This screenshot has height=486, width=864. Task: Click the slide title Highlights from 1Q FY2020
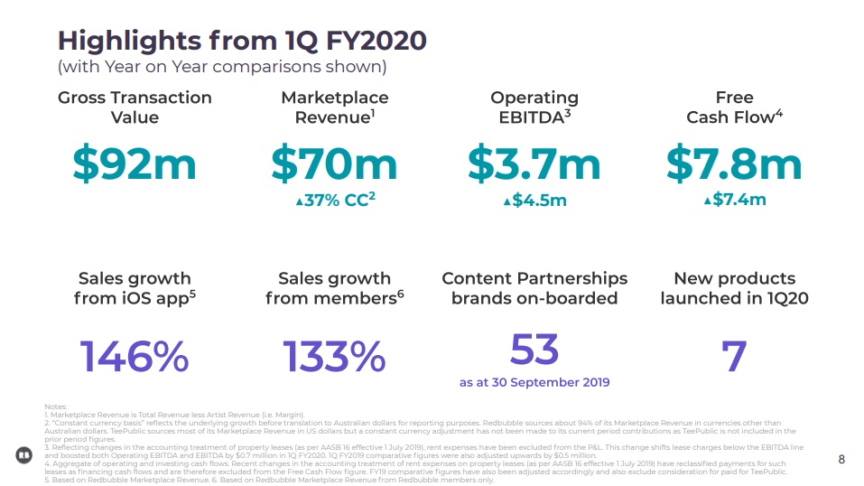tap(242, 41)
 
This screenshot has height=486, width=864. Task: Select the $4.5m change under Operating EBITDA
tap(534, 200)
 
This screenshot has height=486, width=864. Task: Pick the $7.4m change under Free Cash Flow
tap(735, 200)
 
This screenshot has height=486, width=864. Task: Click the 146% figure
tap(135, 357)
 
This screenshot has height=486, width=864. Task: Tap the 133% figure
tap(334, 357)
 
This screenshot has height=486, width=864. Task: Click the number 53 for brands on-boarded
tap(534, 349)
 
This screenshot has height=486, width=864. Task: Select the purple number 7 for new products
tap(734, 357)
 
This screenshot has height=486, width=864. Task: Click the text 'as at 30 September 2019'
tap(534, 383)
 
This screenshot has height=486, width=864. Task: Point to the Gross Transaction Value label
tap(135, 107)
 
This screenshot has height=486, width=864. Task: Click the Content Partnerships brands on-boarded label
tap(534, 288)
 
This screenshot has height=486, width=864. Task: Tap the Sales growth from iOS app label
tap(135, 288)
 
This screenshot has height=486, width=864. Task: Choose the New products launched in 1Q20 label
tap(734, 288)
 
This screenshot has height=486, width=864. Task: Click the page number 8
tap(841, 459)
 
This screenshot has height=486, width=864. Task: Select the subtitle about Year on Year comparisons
tap(222, 66)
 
